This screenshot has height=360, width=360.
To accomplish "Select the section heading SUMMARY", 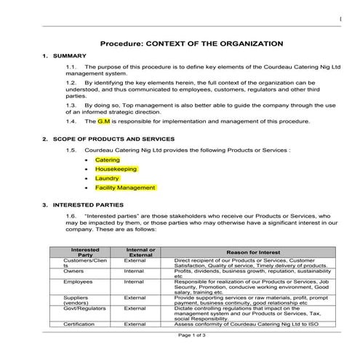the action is (x=71, y=56).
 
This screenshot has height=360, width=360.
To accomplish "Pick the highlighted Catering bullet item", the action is (x=108, y=160).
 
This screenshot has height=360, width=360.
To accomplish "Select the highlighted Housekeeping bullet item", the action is (x=116, y=169).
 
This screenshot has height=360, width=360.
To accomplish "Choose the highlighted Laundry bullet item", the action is (x=107, y=178).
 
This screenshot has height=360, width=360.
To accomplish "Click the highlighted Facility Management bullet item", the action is (x=125, y=188).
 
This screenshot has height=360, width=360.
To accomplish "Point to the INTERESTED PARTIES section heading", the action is (x=82, y=205).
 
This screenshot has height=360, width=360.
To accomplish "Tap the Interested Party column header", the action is (x=85, y=252).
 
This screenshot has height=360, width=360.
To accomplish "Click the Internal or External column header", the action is (x=140, y=252).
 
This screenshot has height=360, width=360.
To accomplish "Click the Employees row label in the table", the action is (x=78, y=281).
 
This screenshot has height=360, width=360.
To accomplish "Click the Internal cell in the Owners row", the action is (x=134, y=271).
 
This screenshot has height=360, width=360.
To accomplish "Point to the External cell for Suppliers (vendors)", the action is (x=135, y=297).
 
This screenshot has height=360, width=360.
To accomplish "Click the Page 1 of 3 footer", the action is (x=193, y=335).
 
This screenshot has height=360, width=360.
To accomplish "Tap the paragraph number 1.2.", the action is (x=71, y=84).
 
